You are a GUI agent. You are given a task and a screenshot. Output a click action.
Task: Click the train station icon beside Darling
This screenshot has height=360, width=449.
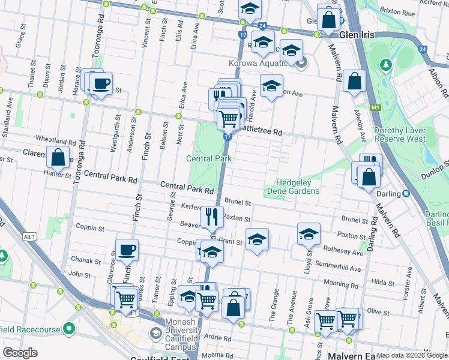(x=406, y=193)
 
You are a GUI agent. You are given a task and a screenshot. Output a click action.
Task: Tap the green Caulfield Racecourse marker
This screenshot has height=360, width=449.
(x=69, y=329)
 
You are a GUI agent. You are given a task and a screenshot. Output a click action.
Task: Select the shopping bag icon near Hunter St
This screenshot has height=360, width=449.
(x=58, y=158)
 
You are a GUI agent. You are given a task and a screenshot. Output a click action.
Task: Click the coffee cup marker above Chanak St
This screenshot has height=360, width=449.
(x=127, y=250)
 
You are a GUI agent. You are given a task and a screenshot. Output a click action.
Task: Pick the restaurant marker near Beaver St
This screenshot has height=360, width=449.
(x=210, y=216)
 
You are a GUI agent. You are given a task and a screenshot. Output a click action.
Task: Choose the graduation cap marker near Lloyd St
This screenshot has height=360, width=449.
(x=309, y=234)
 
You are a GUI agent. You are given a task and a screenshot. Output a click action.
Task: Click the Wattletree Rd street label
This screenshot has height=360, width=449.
(x=261, y=131)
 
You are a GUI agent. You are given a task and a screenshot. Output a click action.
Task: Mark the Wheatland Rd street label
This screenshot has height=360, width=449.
(x=55, y=142)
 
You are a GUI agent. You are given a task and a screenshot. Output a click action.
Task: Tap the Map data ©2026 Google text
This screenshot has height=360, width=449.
(x=412, y=355)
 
